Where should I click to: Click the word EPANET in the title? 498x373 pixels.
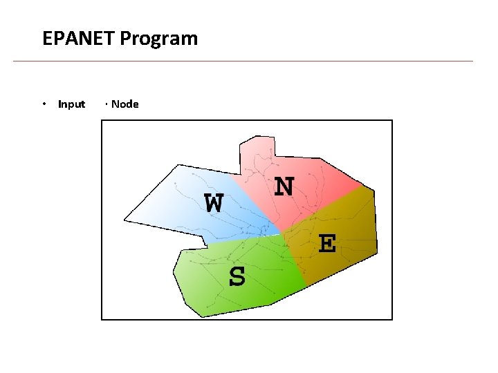(79, 38)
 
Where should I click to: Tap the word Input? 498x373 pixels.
(71, 104)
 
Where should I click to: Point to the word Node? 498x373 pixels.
(124, 104)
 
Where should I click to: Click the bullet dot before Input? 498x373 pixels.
(44, 104)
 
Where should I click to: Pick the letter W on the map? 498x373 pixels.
(214, 203)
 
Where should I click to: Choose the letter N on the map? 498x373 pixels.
(284, 186)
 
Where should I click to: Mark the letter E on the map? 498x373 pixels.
(326, 243)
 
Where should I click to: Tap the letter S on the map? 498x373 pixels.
(237, 277)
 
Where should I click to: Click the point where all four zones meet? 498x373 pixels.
(282, 233)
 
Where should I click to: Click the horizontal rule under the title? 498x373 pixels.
(242, 61)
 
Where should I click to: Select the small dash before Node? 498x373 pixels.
(107, 104)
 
